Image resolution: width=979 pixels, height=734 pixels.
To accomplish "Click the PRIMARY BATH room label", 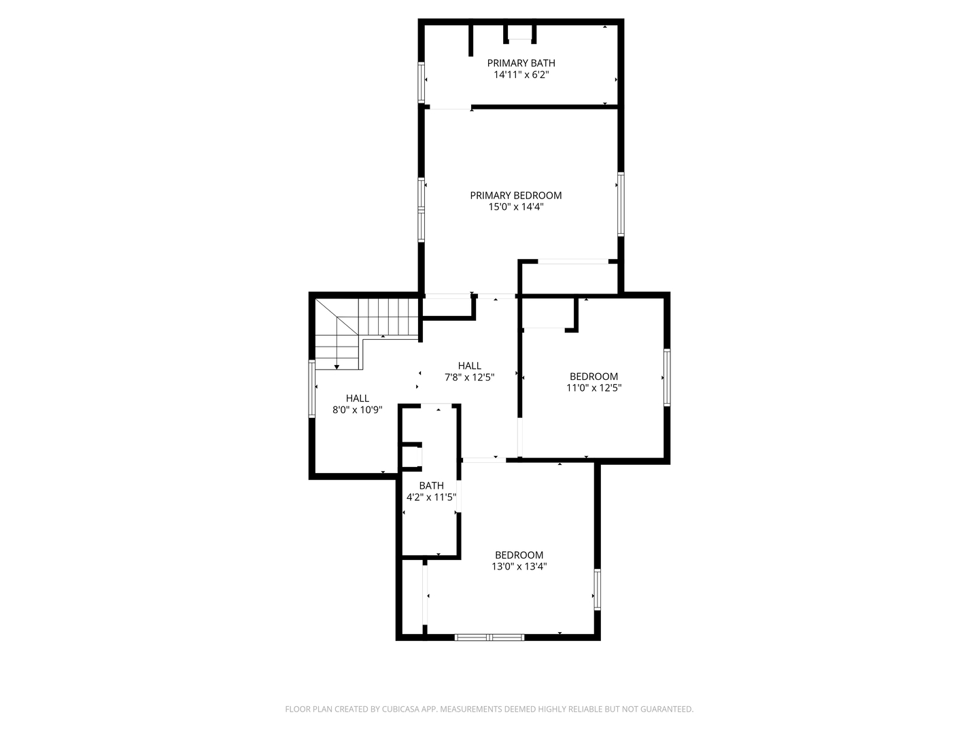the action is (x=521, y=63).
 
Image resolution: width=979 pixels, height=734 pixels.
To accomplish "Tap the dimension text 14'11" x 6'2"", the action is (x=521, y=75).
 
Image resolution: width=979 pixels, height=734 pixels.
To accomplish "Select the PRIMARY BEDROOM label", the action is (x=515, y=195).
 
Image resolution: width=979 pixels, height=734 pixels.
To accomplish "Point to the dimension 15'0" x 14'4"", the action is (x=515, y=207).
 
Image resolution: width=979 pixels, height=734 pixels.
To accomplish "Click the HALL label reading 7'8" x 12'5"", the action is (x=469, y=366).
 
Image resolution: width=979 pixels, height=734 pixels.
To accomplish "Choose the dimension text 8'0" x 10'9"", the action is (x=357, y=410).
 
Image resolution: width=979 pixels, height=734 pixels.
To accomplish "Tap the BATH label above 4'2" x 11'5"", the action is (x=431, y=486).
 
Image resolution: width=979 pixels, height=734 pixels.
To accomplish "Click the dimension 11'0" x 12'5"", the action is (x=594, y=387).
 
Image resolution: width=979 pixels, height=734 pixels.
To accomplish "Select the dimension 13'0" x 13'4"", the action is (x=519, y=566).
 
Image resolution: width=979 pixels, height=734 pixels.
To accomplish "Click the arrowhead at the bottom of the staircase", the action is (x=337, y=367).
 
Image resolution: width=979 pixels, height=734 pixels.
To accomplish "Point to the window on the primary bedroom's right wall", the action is (x=621, y=204).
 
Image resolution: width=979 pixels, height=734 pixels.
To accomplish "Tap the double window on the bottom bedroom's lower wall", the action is (x=489, y=637).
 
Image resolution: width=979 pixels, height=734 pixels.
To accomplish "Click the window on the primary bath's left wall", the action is (x=421, y=82).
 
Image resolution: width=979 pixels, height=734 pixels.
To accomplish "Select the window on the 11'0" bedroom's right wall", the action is (x=667, y=377).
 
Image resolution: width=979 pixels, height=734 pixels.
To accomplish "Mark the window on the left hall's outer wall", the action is (x=312, y=389).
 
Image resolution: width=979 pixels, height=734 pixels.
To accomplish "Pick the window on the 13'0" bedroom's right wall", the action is (x=597, y=589).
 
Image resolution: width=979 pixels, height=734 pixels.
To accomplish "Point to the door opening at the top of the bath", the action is (x=436, y=406).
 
